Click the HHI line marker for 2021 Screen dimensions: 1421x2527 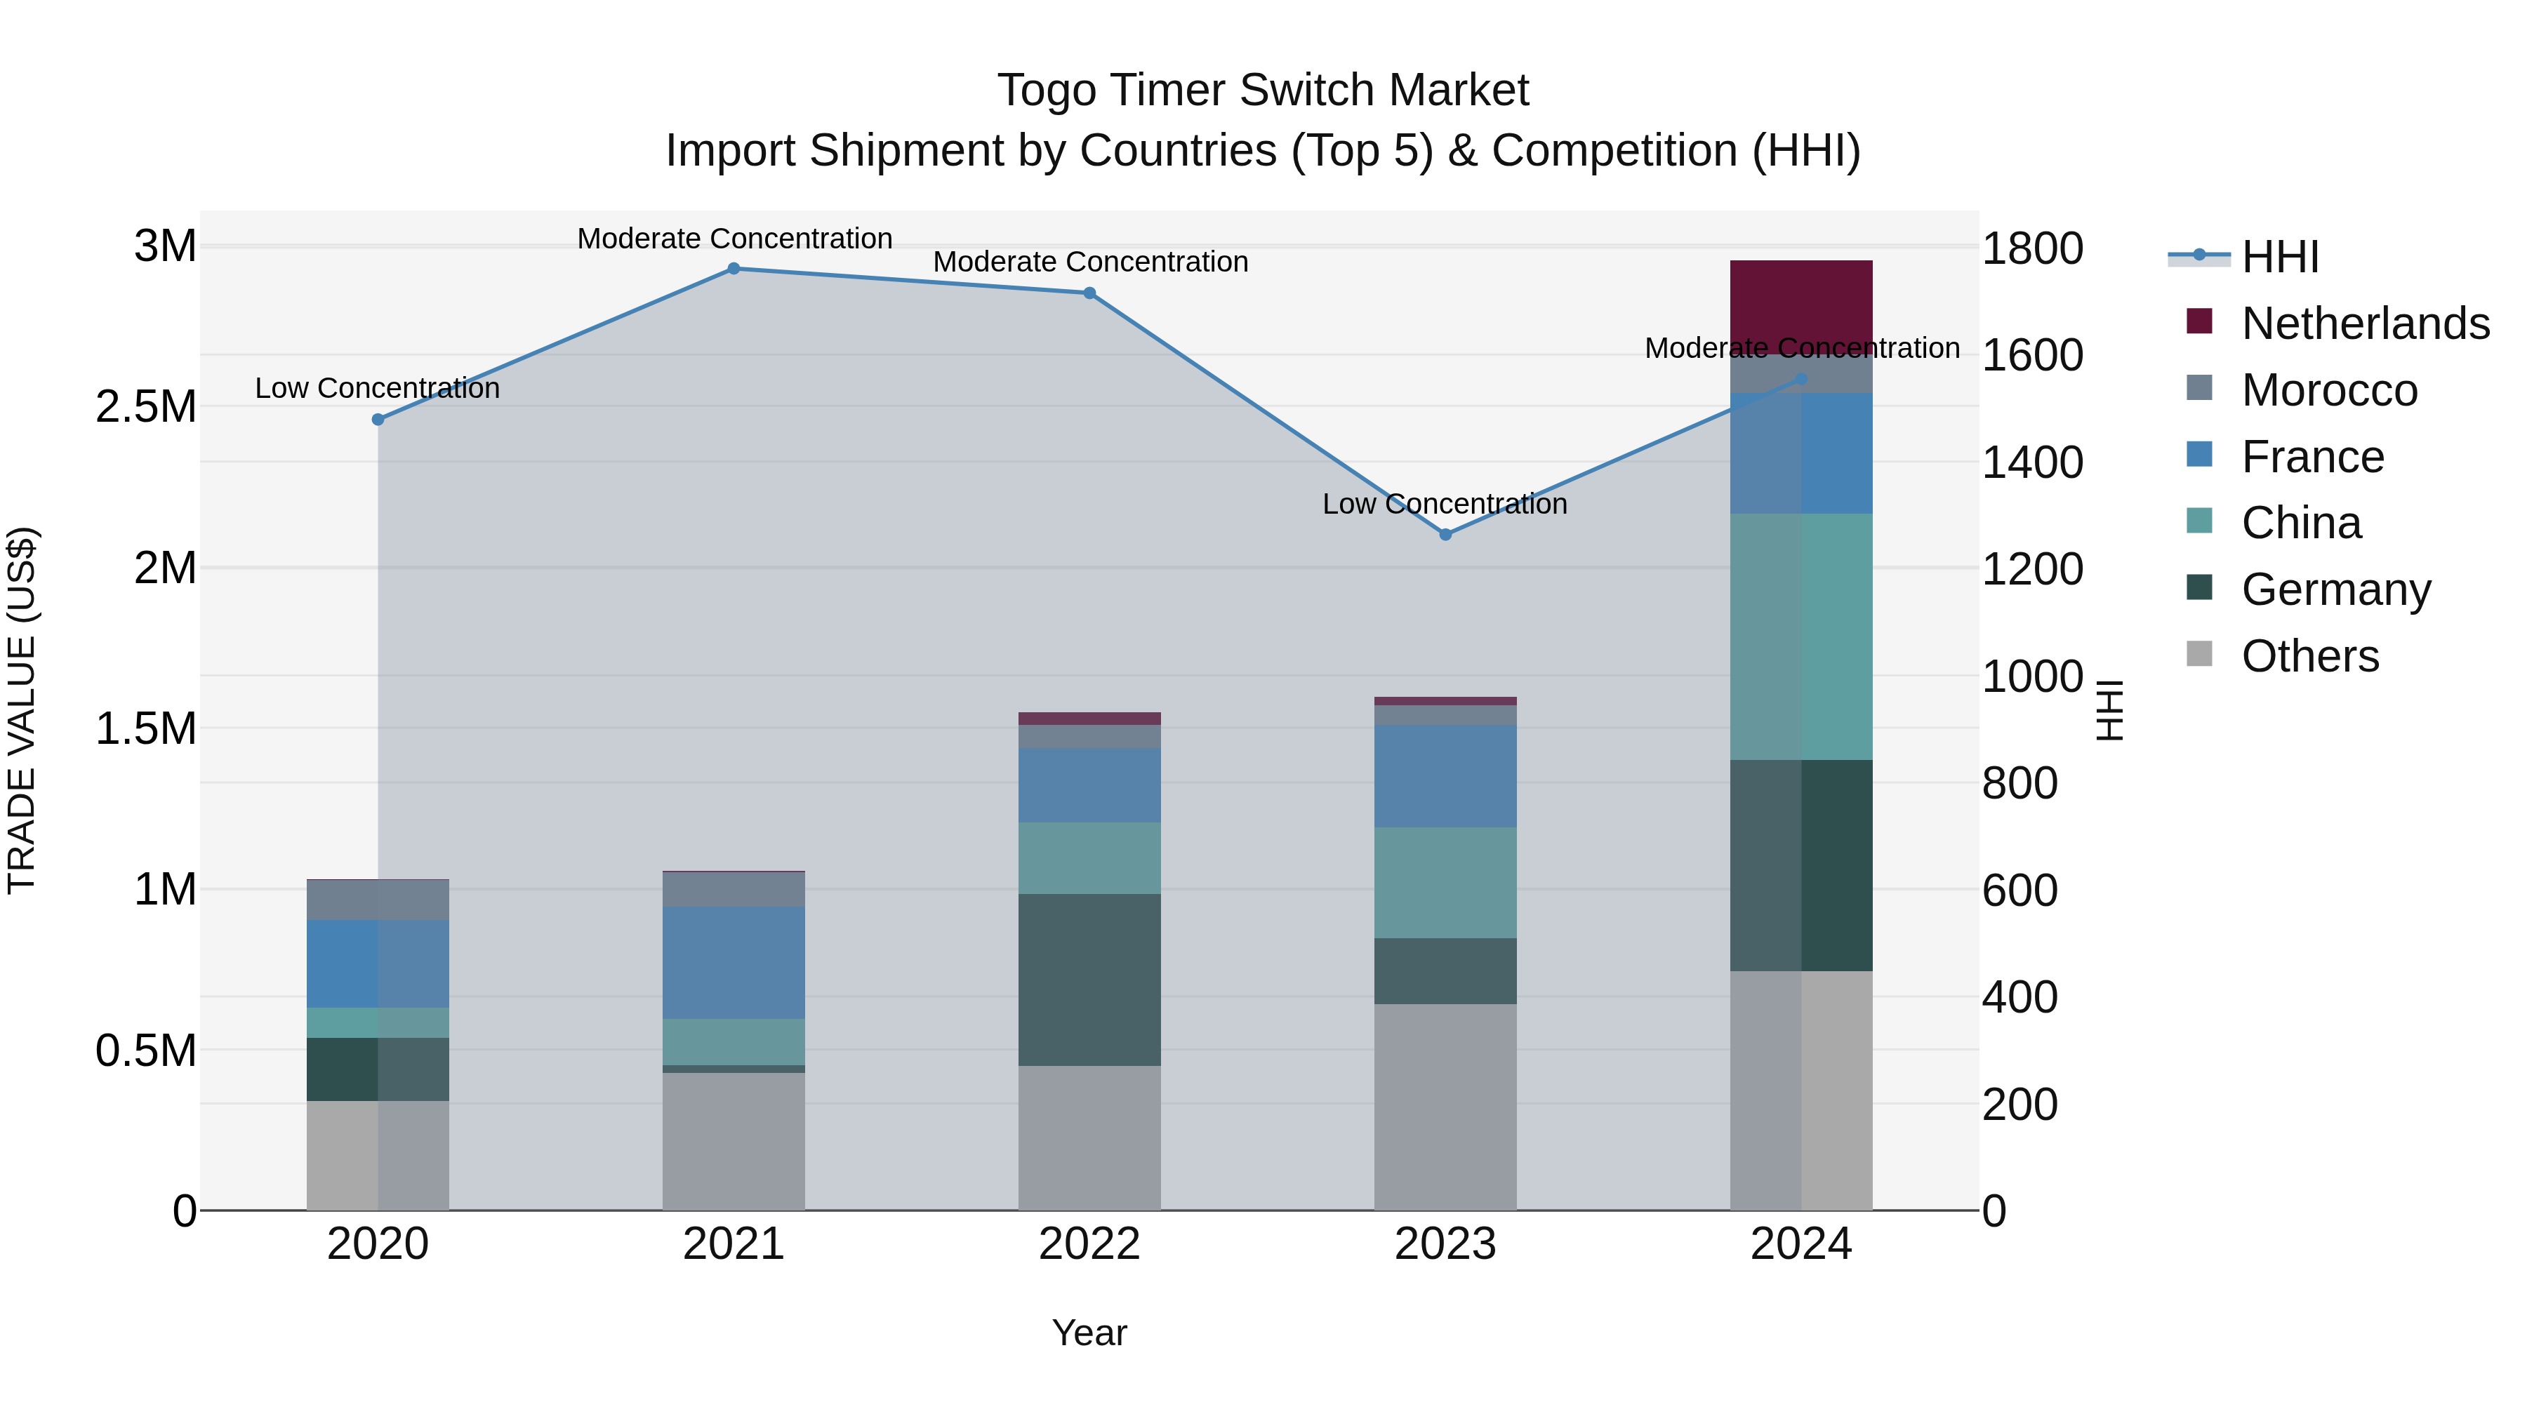click(x=733, y=269)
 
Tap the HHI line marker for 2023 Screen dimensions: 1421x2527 click(x=1445, y=535)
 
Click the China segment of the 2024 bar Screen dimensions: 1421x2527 click(x=1801, y=636)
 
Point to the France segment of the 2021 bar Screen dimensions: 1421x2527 click(x=733, y=962)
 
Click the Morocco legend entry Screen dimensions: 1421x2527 click(x=2329, y=390)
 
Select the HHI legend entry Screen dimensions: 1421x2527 click(x=2280, y=257)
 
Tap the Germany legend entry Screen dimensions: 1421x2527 click(x=2335, y=589)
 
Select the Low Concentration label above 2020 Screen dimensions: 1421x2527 click(x=377, y=388)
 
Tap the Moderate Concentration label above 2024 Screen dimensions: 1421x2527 click(x=1801, y=348)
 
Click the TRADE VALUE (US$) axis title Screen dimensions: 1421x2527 click(x=22, y=710)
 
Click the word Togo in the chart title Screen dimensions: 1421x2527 click(x=1046, y=91)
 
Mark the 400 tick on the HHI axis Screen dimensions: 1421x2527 click(x=2019, y=997)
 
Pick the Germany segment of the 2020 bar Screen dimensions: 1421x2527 click(x=378, y=1069)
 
